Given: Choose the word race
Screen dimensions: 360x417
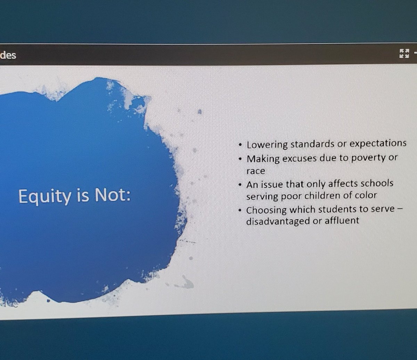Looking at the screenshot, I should [x=255, y=171].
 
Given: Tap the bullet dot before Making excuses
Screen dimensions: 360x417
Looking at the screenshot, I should [x=240, y=159].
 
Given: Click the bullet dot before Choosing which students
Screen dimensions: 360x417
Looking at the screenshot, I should [x=240, y=210].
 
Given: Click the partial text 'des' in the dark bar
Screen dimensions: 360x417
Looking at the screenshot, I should [x=8, y=55].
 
